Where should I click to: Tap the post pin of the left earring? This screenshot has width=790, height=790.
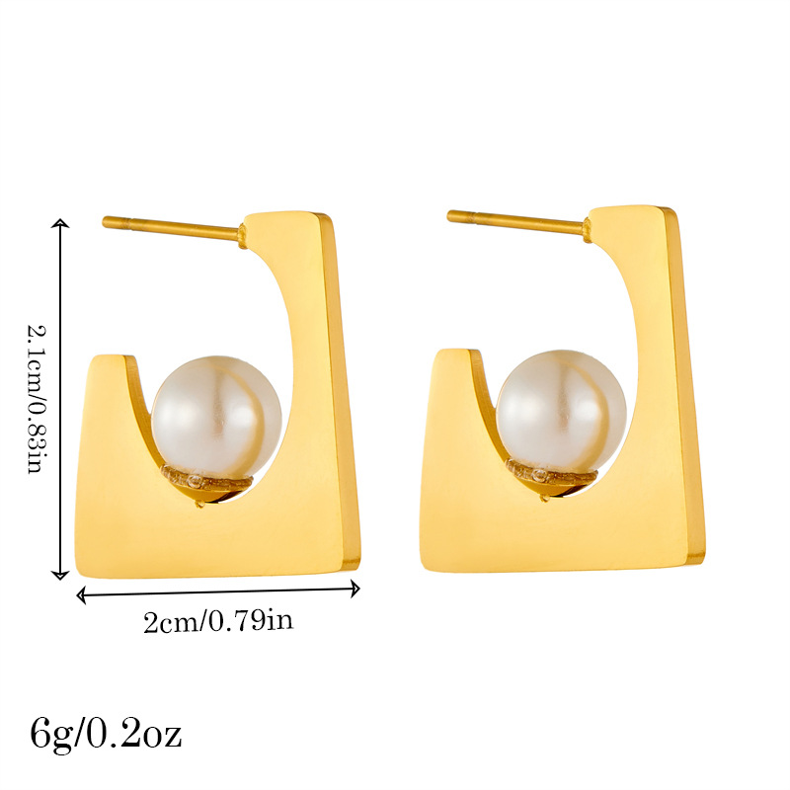tap(171, 228)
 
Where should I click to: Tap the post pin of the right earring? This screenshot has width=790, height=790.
tap(516, 223)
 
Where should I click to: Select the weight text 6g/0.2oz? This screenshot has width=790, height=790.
tap(106, 735)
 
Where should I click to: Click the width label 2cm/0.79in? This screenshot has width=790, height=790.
tap(218, 621)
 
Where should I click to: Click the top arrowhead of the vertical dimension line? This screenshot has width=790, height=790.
tap(60, 223)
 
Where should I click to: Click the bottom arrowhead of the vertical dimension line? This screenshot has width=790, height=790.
tap(60, 575)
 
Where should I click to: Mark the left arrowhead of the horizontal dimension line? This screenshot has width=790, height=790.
tap(81, 595)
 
